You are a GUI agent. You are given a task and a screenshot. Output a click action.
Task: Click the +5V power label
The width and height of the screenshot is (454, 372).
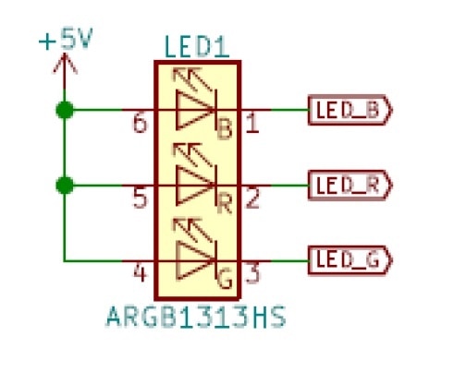66,39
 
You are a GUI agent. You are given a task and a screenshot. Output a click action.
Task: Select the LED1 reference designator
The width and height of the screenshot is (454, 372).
197,47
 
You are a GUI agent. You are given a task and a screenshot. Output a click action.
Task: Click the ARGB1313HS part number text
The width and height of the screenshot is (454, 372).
196,317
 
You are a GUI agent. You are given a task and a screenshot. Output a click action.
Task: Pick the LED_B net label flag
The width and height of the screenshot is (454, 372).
350,110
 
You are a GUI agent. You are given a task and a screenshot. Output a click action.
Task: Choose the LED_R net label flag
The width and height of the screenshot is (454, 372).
350,186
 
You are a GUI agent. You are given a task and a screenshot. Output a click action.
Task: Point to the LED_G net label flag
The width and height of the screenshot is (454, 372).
350,260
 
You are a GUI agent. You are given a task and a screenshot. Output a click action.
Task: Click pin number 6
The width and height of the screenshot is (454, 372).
140,124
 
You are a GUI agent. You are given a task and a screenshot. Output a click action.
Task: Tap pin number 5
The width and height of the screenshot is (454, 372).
141,198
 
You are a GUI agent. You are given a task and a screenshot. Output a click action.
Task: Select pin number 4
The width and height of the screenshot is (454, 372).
140,273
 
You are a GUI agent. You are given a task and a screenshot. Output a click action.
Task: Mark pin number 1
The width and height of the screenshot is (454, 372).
252,124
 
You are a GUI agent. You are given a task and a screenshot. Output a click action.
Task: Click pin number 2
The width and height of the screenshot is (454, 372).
252,198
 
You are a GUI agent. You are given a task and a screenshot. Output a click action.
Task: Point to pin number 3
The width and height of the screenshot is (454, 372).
252,273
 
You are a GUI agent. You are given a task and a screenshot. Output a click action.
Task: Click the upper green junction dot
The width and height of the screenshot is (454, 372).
65,110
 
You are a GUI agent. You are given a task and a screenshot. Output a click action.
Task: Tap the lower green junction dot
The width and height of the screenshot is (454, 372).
65,186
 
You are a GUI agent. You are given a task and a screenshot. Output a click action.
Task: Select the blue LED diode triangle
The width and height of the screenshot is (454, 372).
195,110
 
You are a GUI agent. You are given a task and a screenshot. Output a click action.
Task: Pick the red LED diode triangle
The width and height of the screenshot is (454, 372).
195,186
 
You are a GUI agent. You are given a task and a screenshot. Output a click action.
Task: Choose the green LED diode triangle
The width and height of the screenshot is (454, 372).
195,260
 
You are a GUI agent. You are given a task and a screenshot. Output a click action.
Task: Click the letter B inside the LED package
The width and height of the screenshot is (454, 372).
225,129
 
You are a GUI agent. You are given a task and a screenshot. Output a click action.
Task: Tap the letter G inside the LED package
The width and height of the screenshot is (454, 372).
225,279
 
